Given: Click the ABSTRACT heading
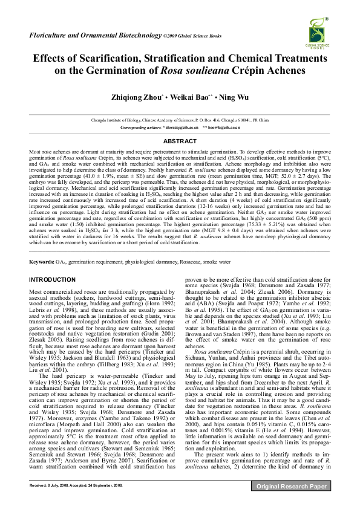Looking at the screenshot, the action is pyautogui.click(x=180, y=141).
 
